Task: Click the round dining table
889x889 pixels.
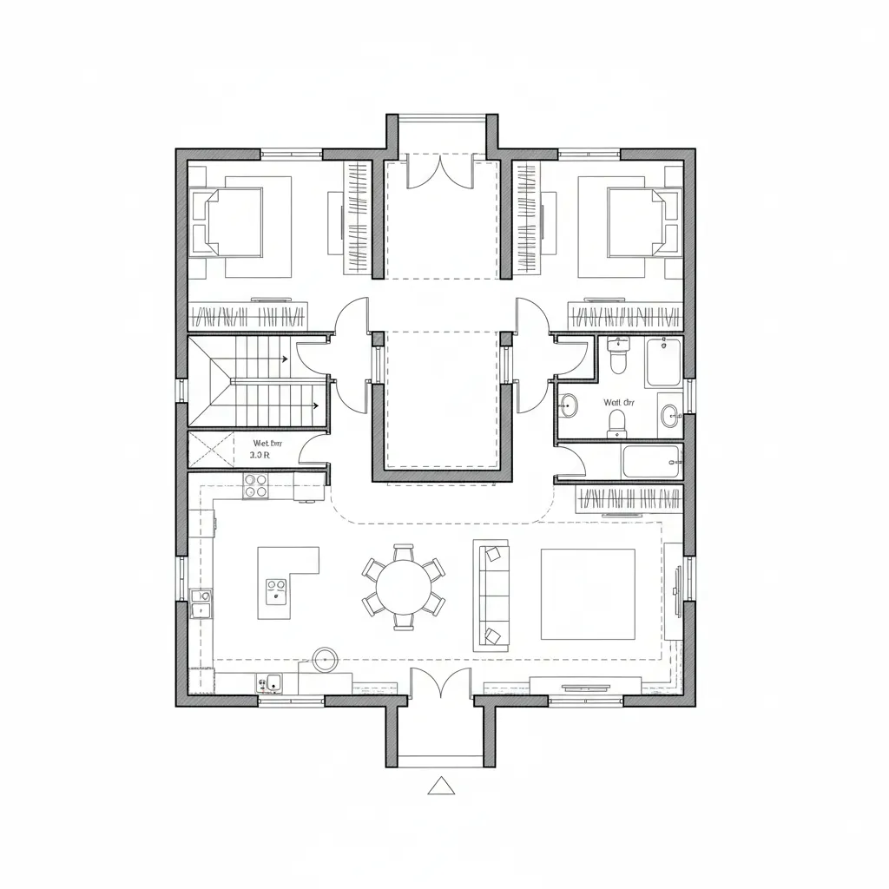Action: pos(404,586)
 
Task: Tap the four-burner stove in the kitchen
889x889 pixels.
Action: pos(256,486)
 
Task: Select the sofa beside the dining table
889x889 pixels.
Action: pos(490,595)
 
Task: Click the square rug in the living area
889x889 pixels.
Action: pos(587,594)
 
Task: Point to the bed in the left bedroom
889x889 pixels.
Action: pos(233,222)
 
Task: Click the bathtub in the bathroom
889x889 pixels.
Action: pos(651,462)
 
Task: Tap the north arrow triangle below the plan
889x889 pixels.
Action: pos(442,786)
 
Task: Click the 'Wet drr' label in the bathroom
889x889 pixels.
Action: pos(620,402)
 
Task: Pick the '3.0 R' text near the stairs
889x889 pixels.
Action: pos(260,454)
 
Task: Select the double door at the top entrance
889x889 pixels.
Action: pos(442,170)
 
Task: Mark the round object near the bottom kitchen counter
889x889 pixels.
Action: pos(326,659)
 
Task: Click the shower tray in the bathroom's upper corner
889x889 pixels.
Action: pos(663,362)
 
